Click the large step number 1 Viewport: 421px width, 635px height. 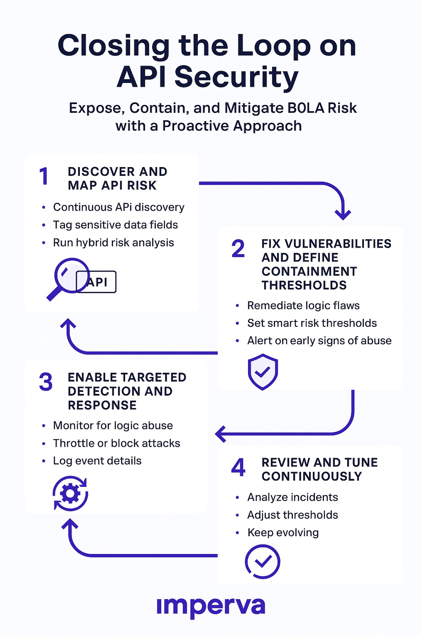tap(44, 177)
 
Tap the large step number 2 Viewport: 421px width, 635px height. tap(238, 248)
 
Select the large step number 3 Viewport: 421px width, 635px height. tap(46, 382)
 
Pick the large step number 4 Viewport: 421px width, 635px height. tap(238, 467)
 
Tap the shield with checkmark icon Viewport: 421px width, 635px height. tap(263, 372)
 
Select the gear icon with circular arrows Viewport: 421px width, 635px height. tap(70, 493)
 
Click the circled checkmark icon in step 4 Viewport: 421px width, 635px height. tap(263, 561)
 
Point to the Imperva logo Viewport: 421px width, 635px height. tap(211, 606)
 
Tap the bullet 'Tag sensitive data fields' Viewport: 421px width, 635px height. tap(115, 225)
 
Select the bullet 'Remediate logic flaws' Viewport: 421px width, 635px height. tap(303, 306)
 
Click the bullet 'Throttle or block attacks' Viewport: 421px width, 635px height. tap(116, 443)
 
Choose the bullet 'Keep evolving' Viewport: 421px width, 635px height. tap(283, 533)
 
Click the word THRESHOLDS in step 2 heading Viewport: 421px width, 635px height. tap(304, 285)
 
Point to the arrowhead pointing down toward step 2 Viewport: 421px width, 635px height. tap(343, 214)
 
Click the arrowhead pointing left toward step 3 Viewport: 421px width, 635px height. tap(221, 434)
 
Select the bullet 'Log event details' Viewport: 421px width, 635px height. tap(97, 461)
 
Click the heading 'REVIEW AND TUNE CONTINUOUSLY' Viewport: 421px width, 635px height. tap(319, 469)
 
